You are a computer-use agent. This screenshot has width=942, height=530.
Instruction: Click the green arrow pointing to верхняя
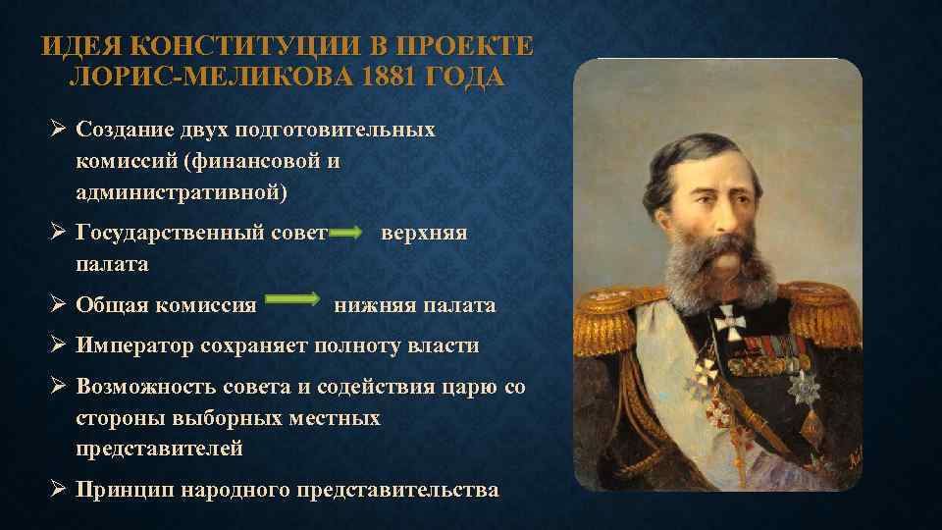[346, 234]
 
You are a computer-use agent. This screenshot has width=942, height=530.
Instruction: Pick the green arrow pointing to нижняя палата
[293, 298]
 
